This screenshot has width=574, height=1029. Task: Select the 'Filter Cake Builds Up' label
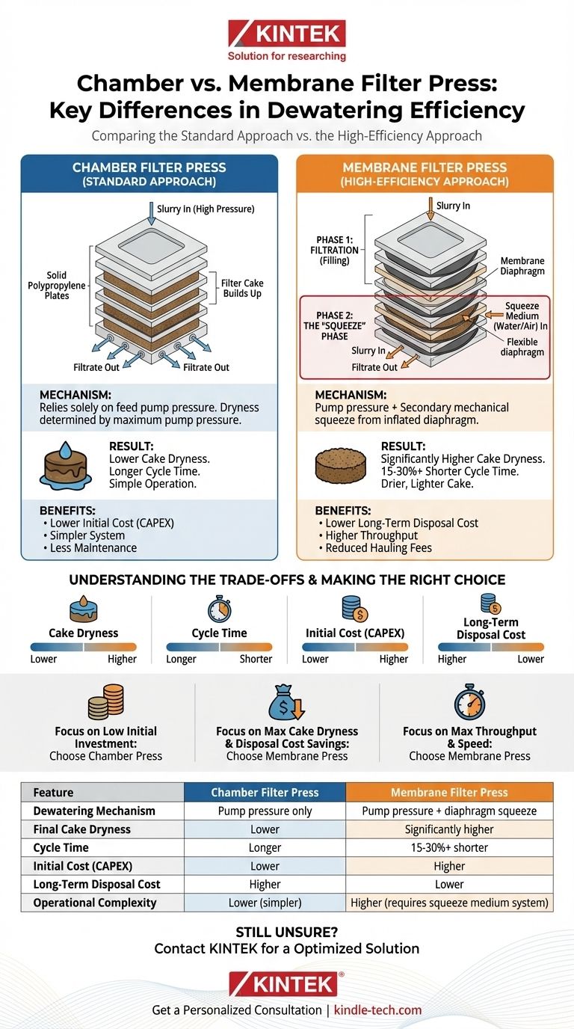point(241,289)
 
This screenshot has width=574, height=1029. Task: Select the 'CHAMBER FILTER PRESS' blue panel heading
point(149,173)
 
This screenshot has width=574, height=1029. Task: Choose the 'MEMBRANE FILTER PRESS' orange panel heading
point(424,173)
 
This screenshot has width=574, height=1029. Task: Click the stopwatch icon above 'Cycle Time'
point(219,609)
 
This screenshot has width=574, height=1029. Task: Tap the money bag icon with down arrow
point(286,703)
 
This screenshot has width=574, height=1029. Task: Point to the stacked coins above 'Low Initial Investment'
point(105,703)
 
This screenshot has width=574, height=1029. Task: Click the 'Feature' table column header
point(53,792)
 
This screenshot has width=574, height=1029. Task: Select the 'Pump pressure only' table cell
point(265,811)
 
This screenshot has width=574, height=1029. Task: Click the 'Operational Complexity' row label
point(95,903)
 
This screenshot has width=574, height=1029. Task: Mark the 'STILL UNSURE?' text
point(286,932)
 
